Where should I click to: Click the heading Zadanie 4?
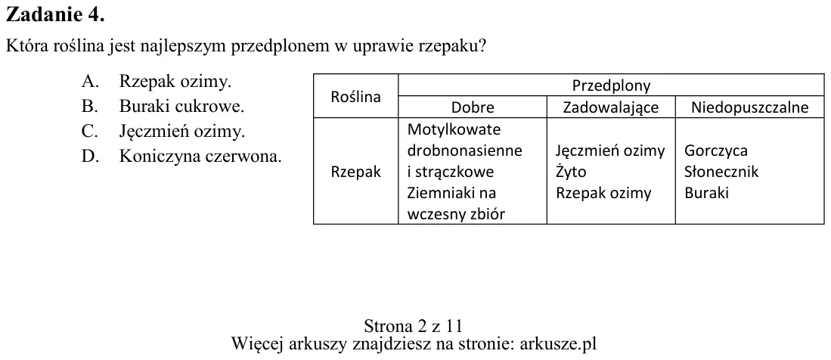click(x=55, y=15)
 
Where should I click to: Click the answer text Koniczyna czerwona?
click(x=200, y=157)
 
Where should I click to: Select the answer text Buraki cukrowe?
click(x=181, y=107)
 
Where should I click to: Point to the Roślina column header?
click(x=355, y=97)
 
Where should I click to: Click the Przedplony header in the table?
click(x=611, y=85)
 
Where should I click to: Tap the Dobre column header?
click(x=473, y=107)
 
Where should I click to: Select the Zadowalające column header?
click(x=610, y=108)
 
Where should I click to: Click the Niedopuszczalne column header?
click(x=750, y=108)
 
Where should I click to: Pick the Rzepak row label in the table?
click(x=355, y=172)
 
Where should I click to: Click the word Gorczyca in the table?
click(x=716, y=151)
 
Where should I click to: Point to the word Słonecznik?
click(x=721, y=172)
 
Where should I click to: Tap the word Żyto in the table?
click(x=571, y=172)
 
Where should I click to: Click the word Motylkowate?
click(x=454, y=129)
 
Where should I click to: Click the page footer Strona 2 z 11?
click(x=414, y=325)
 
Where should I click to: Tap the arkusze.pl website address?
click(x=558, y=344)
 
